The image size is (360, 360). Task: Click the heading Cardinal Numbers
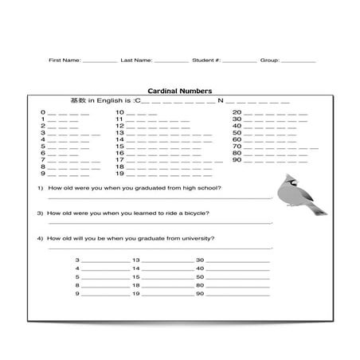coord(179,91)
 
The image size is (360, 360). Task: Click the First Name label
coord(64,60)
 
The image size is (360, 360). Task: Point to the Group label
coord(269,60)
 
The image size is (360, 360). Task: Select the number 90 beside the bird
coord(237,159)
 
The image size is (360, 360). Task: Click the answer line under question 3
coord(159,223)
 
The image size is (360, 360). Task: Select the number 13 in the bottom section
coord(136,260)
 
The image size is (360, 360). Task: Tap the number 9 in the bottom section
coord(77,295)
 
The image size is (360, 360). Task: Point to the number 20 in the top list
coord(237,113)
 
